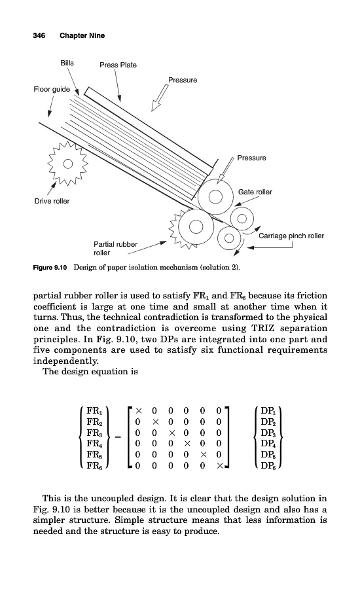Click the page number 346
point(39,36)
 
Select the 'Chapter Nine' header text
point(82,36)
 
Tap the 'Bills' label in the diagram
point(67,63)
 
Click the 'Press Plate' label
point(118,65)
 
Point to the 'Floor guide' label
point(52,90)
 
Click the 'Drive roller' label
point(52,201)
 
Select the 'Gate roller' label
point(255,192)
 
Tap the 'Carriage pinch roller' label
point(291,236)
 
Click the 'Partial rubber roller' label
point(115,248)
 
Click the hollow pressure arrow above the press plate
point(160,98)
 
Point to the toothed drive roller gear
point(67,164)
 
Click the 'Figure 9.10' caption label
point(50,268)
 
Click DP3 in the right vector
point(267,433)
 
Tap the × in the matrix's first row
point(139,410)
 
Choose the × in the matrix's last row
point(220,466)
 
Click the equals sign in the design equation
point(118,437)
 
